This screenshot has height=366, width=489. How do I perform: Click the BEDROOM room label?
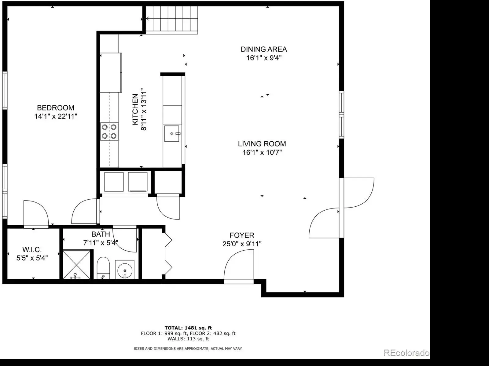tap(56, 108)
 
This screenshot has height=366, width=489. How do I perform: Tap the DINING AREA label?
tap(264, 49)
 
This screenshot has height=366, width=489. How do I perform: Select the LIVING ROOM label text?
tap(262, 144)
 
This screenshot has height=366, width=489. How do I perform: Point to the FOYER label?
tap(242, 235)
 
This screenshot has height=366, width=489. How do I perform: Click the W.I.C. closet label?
tap(32, 249)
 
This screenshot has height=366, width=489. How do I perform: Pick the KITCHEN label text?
tap(135, 109)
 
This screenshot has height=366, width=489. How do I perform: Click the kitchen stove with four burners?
tap(109, 132)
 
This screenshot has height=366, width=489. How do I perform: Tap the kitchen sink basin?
tap(171, 133)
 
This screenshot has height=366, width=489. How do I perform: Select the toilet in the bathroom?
tap(103, 268)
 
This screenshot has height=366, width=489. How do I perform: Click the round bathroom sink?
tap(125, 270)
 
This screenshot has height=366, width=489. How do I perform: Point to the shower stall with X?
tap(77, 265)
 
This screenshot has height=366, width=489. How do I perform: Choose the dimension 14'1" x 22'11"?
tap(56, 116)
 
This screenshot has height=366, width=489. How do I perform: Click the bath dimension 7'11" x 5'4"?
tap(101, 243)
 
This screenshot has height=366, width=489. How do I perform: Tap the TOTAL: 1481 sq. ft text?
tap(188, 328)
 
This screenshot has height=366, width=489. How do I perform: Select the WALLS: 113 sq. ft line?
tap(188, 339)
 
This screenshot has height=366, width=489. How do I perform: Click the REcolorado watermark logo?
tap(406, 353)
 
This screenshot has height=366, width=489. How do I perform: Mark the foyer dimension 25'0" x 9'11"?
tap(242, 244)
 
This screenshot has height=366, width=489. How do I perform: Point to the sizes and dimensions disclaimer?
tap(188, 349)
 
